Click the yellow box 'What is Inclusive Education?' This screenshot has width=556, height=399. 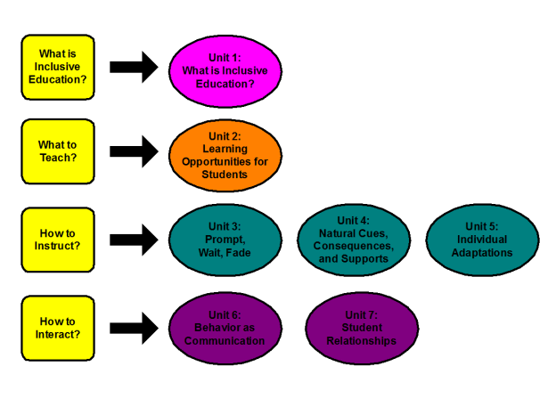58,67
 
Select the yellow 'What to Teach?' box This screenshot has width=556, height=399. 58,151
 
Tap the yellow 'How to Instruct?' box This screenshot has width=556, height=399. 58,240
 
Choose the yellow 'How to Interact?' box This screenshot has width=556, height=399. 58,328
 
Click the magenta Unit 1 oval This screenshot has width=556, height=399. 225,70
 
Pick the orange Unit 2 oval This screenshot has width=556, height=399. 225,155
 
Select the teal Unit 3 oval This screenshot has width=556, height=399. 225,240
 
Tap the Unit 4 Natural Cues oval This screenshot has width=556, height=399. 354,240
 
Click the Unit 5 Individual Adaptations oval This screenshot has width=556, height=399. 482,240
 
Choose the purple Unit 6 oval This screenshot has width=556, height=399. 225,328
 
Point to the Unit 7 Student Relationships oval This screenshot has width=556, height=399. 361,328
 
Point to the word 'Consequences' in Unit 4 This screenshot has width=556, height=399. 354,246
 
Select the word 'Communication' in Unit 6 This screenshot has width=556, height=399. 225,340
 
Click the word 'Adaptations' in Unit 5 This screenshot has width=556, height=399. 482,252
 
